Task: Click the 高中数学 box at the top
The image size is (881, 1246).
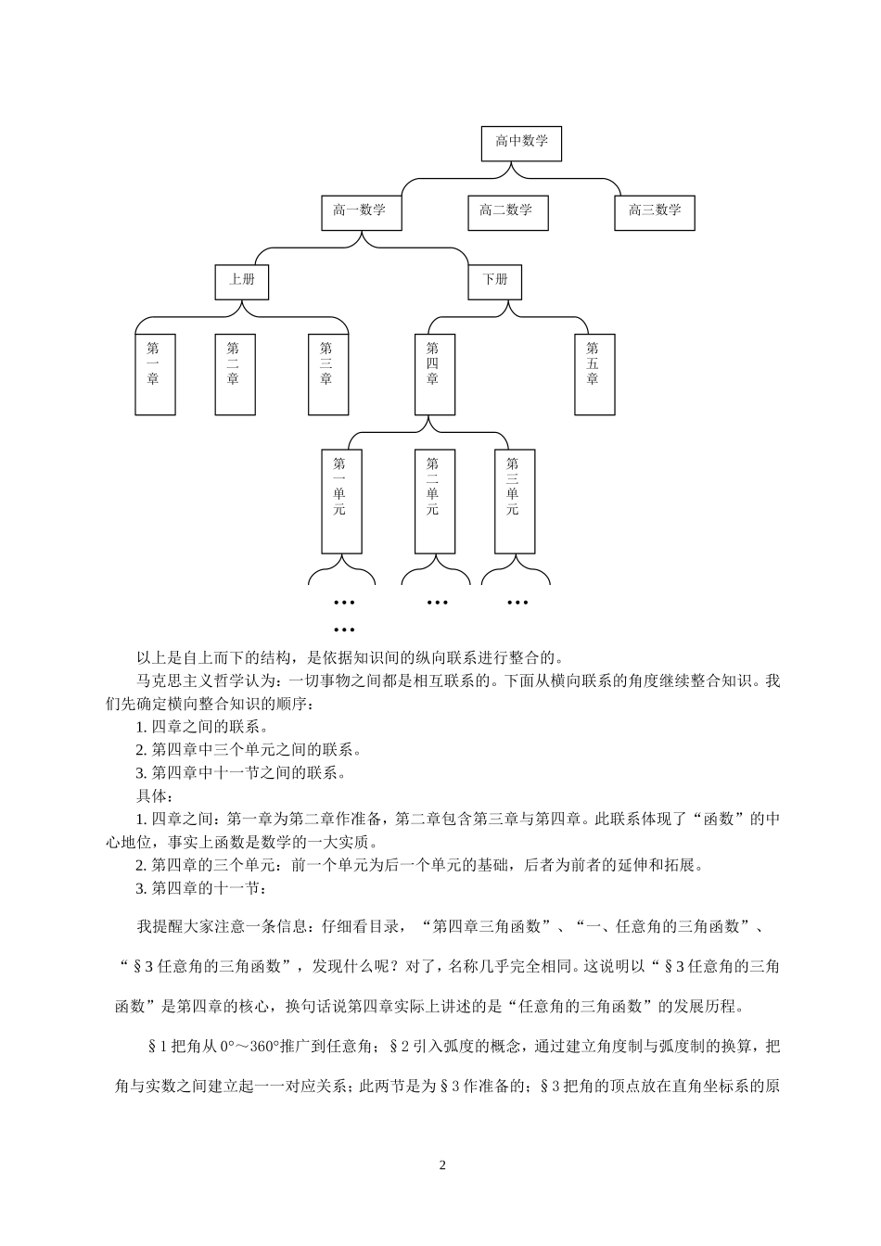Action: [521, 143]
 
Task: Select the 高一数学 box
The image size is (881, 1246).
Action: [360, 212]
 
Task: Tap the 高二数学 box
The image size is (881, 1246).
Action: [507, 212]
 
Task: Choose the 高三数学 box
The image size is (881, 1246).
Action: [655, 212]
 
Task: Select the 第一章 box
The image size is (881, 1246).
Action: [154, 374]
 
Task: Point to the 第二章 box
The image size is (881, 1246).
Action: [234, 374]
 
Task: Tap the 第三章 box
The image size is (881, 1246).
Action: [327, 374]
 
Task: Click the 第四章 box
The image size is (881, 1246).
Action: [433, 374]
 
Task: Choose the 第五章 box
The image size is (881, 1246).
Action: [594, 374]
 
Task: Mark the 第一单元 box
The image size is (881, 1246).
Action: [340, 500]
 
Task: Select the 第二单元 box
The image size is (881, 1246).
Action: [433, 500]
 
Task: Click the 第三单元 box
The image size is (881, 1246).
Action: [514, 500]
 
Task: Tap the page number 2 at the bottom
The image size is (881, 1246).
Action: [442, 1164]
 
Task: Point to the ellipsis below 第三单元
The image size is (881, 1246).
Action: [517, 603]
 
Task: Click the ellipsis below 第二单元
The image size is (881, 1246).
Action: [437, 603]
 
